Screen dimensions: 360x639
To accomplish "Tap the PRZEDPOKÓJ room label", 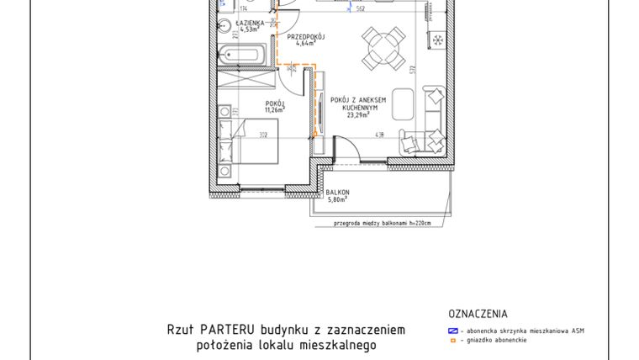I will pyautogui.click(x=305, y=38).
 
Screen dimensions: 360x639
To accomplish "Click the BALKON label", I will pyautogui.click(x=338, y=193).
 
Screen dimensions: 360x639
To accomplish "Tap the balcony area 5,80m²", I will pyautogui.click(x=338, y=200).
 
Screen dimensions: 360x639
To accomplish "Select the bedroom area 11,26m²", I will pyautogui.click(x=275, y=109).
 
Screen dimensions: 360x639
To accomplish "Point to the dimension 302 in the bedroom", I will pyautogui.click(x=262, y=135).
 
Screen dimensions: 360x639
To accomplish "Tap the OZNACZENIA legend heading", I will pyautogui.click(x=478, y=314).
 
